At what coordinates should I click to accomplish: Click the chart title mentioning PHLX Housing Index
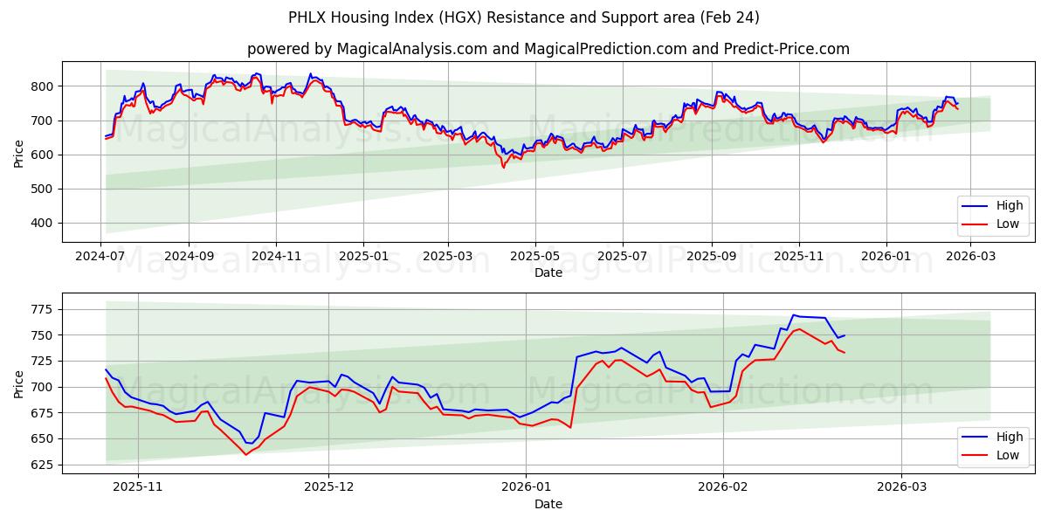click(524, 17)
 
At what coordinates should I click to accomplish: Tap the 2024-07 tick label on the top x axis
click(100, 257)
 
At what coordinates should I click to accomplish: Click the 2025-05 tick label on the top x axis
click(534, 257)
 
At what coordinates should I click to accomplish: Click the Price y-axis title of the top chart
click(19, 155)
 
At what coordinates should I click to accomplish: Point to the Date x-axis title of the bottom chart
click(548, 504)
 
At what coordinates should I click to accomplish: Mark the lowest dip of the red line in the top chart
click(503, 167)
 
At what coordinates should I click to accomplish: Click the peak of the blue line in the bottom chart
click(794, 315)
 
